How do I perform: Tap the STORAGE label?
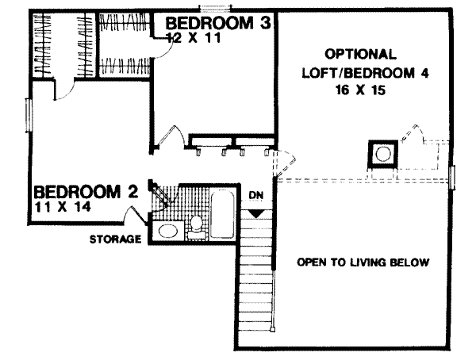(115, 238)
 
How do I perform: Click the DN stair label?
(255, 195)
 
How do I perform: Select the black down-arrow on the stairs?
(255, 213)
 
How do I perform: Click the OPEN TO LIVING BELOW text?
(363, 262)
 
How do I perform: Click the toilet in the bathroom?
(195, 225)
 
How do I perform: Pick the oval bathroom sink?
(167, 232)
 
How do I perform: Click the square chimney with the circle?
(382, 153)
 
